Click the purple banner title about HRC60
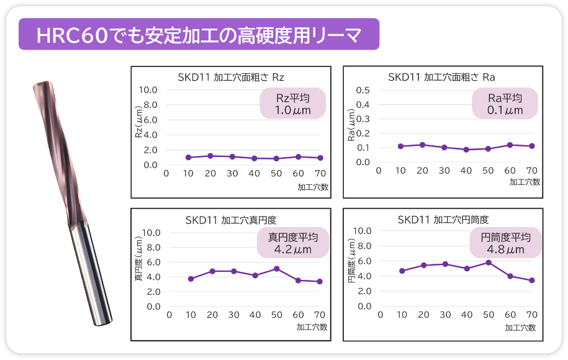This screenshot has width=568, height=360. (199, 34)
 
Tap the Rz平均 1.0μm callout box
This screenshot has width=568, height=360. (293, 104)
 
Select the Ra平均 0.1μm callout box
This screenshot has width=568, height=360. (505, 104)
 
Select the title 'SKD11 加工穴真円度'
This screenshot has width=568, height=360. (230, 220)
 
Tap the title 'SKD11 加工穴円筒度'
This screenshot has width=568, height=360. (443, 220)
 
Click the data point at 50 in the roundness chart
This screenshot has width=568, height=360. (276, 269)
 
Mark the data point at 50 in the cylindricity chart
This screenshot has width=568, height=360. (489, 263)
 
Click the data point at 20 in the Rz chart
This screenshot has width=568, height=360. (210, 156)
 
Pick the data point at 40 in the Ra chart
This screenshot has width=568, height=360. (466, 150)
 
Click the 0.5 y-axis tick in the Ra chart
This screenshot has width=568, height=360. (363, 89)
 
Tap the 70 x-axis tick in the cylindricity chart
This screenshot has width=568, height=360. (531, 315)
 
